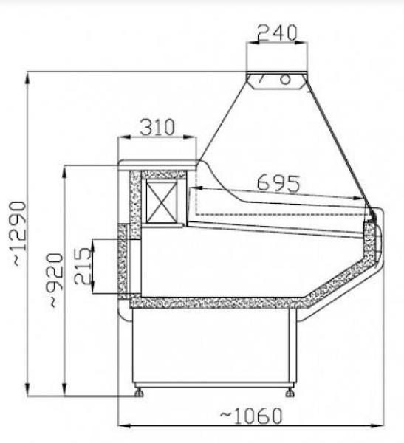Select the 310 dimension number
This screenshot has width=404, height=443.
pyautogui.click(x=157, y=127)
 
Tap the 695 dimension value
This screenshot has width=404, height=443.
pyautogui.click(x=278, y=182)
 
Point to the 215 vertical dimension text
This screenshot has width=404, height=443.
pyautogui.click(x=84, y=265)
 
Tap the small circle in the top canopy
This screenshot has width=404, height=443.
pyautogui.click(x=284, y=80)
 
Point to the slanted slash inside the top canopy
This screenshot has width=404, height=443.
pyautogui.click(x=261, y=79)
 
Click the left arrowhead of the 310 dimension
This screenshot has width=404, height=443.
pyautogui.click(x=123, y=137)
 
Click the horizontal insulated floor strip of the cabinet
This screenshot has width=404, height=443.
pyautogui.click(x=214, y=302)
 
